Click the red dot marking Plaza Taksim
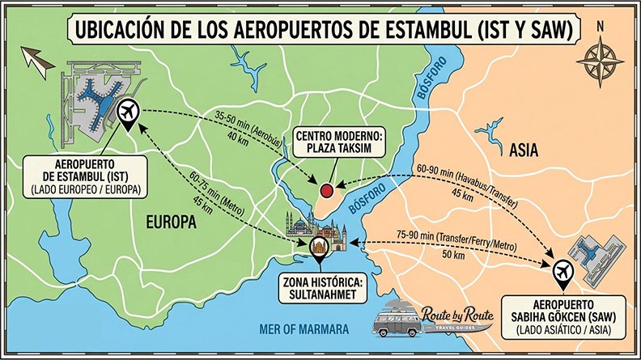[x=326, y=191]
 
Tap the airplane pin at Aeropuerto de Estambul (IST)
[x=127, y=112]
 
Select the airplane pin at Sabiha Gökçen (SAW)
[x=562, y=273]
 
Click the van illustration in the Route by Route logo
[x=397, y=320]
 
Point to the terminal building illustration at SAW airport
[x=595, y=250]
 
